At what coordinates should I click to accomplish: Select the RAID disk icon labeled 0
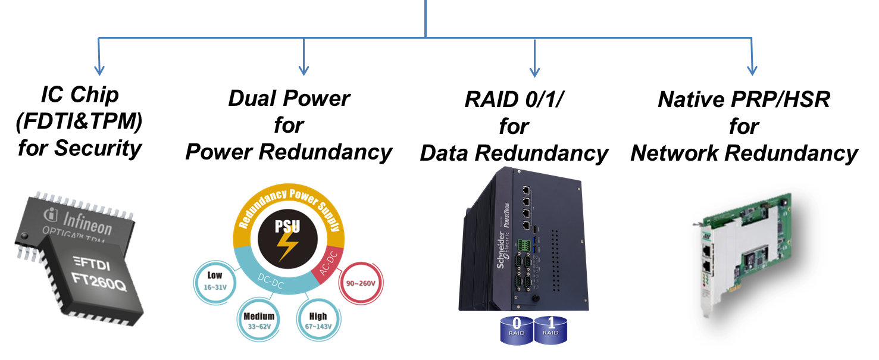point(517,329)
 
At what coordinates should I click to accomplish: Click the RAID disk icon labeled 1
point(550,329)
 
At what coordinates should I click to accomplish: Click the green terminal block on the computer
point(524,245)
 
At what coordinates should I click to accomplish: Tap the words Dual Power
point(289,98)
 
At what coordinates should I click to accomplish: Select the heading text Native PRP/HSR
point(744,99)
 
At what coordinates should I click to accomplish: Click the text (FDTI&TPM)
point(79,121)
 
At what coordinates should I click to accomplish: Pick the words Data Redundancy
point(514,153)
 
